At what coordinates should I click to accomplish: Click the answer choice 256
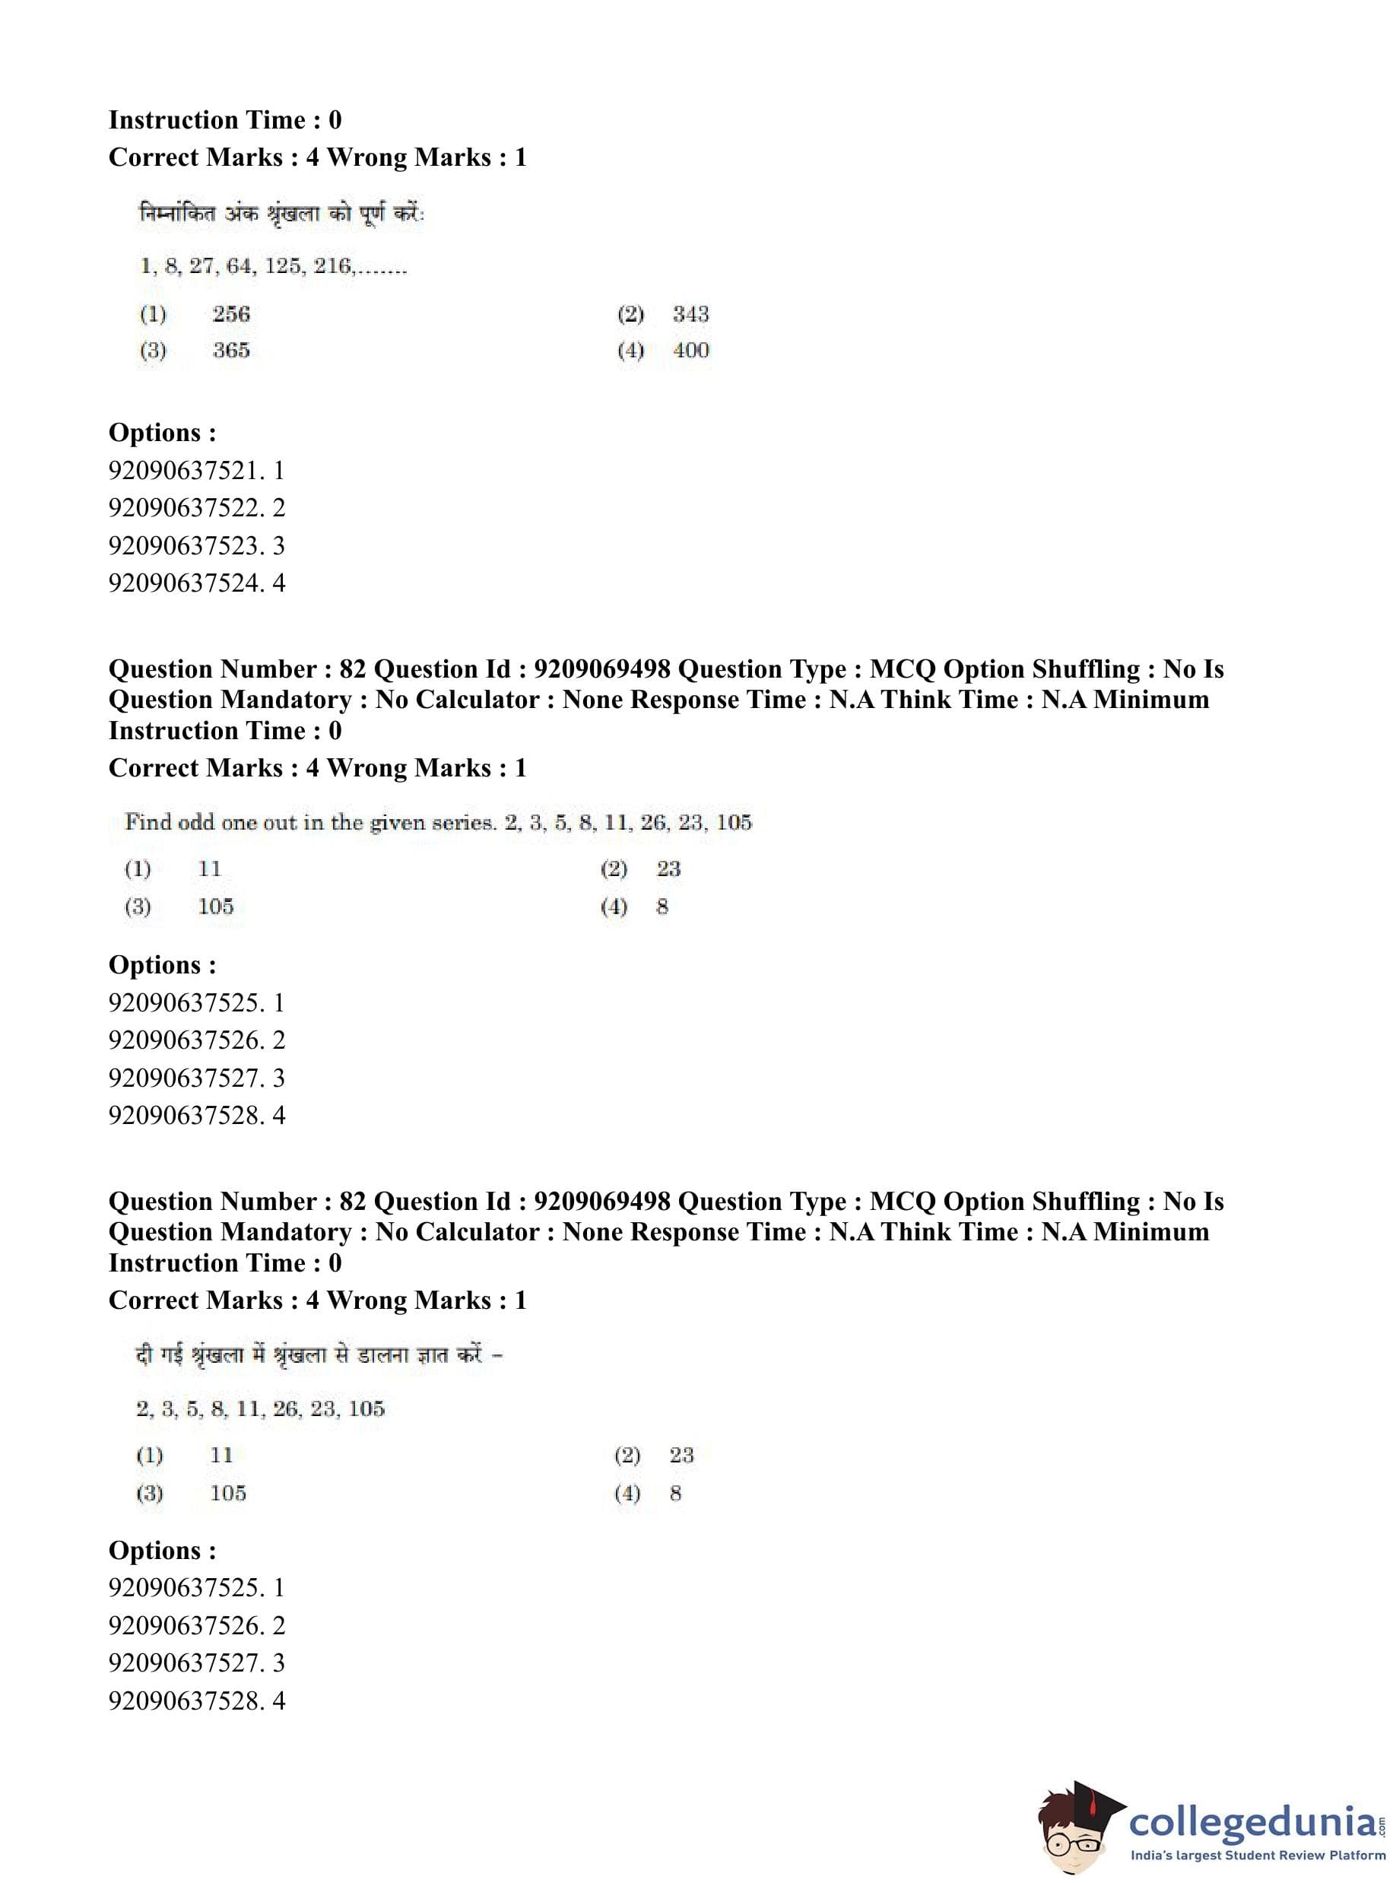point(230,314)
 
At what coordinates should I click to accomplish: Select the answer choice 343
point(690,314)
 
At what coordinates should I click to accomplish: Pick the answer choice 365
point(230,351)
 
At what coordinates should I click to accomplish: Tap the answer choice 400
point(690,351)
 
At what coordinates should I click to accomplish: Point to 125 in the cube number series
point(282,266)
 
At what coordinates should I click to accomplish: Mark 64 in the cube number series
point(240,266)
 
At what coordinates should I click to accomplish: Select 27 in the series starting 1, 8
point(201,266)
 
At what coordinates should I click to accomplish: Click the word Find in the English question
point(148,822)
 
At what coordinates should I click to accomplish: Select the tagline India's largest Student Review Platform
point(1258,1856)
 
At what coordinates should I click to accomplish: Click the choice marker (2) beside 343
point(630,314)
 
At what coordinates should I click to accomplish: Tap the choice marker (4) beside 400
point(630,351)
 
